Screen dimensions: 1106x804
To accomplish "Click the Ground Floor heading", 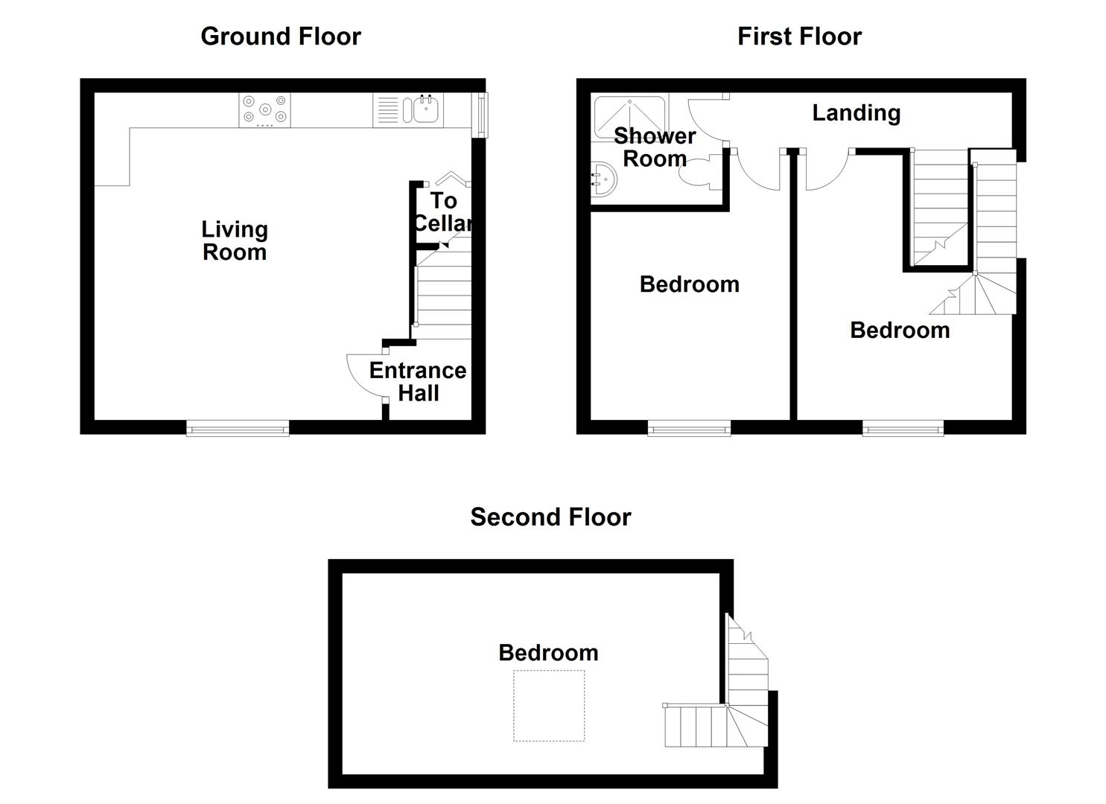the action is click(281, 36).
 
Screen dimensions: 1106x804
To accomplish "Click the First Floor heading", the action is click(799, 36).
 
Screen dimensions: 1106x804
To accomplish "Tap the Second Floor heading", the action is click(550, 517).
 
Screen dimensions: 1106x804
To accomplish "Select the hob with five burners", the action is click(264, 110).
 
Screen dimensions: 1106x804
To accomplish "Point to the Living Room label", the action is click(234, 240).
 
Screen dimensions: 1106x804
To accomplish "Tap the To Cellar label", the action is click(443, 211).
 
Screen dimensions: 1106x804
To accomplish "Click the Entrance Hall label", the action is click(418, 381).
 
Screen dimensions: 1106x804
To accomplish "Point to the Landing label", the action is click(856, 112).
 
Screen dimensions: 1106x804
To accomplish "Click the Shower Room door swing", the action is click(704, 123).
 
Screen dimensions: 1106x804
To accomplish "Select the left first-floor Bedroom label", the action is click(689, 284).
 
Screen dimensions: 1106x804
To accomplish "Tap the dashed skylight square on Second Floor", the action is click(549, 706).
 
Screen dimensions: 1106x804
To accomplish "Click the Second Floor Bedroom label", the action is click(548, 653).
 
